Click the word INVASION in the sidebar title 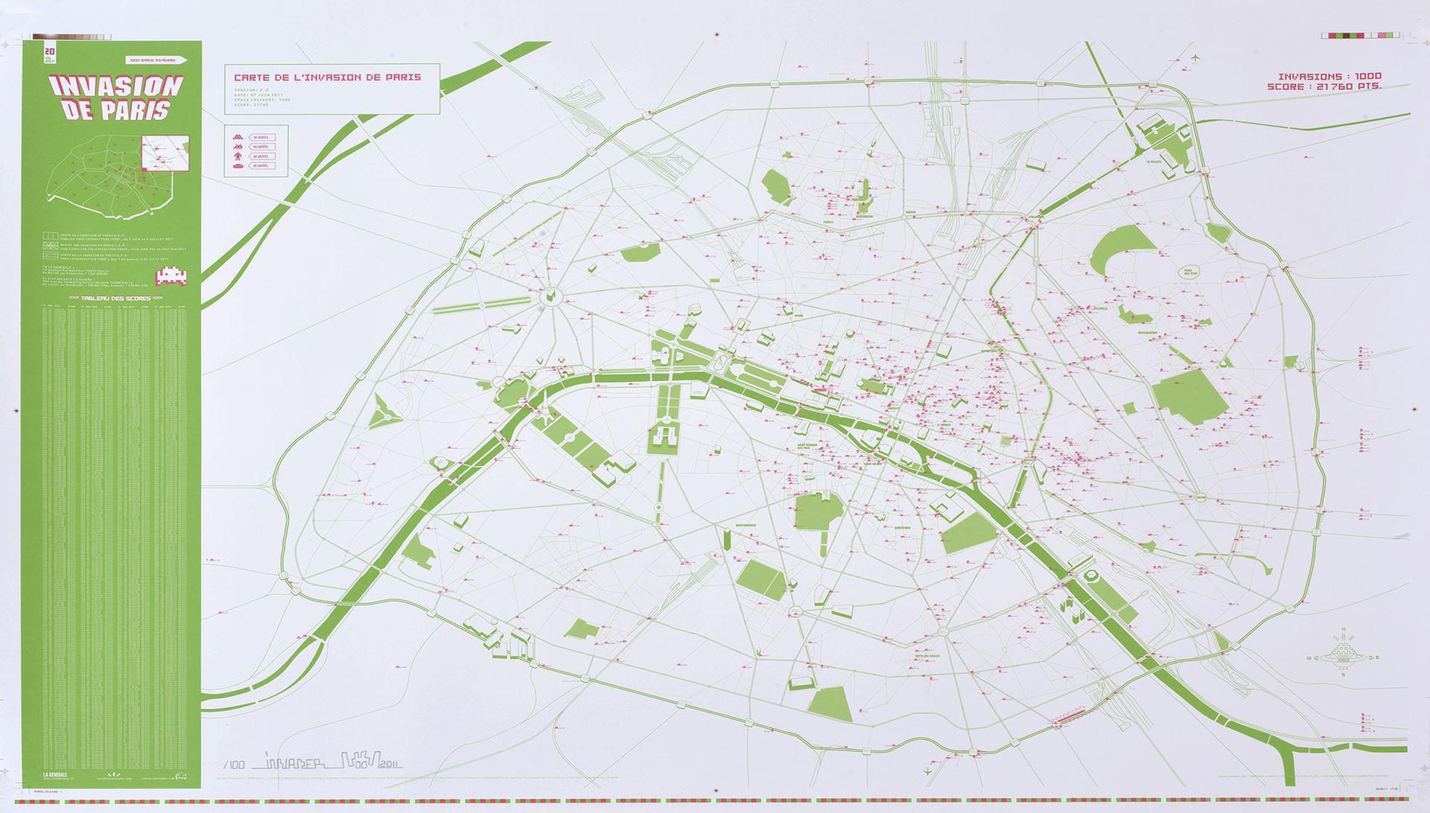click(x=116, y=87)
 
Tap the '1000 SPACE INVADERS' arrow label click(x=156, y=60)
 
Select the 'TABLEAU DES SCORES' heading click(x=115, y=298)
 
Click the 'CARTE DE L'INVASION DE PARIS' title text click(x=328, y=77)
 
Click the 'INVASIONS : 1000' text click(x=1329, y=77)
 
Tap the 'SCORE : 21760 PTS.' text click(x=1324, y=87)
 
